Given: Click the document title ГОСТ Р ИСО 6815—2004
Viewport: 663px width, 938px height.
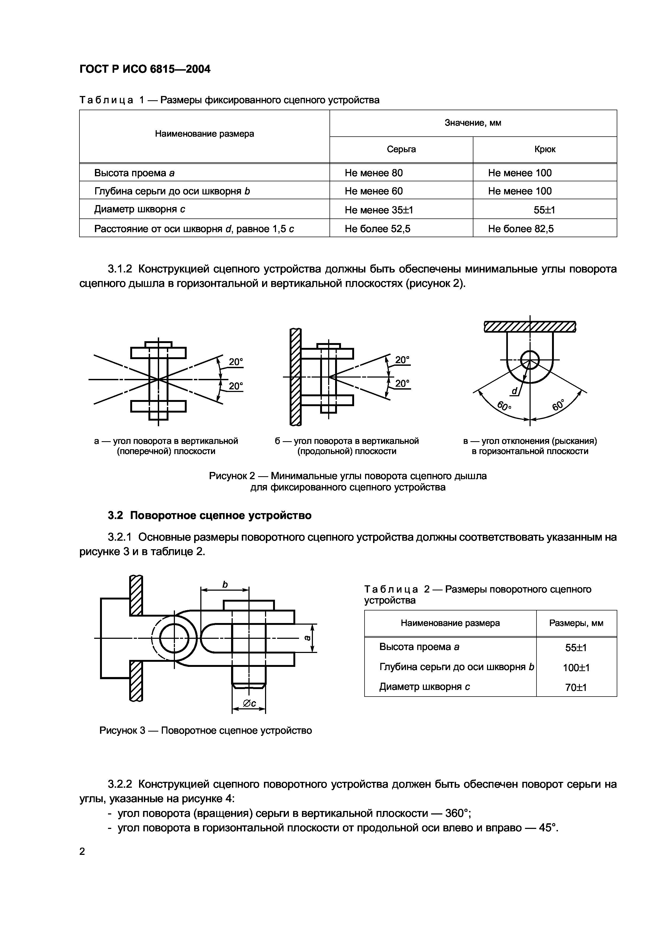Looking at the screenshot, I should pyautogui.click(x=145, y=70).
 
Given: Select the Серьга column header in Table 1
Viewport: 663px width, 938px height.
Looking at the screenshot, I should pyautogui.click(x=401, y=149).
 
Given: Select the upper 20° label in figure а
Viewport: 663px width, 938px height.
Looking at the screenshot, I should pyautogui.click(x=236, y=362).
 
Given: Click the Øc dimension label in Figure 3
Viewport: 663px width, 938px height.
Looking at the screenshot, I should pyautogui.click(x=249, y=703).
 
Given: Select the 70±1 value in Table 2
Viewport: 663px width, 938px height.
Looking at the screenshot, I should pyautogui.click(x=576, y=687).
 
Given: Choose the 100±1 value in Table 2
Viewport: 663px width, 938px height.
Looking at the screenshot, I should pyautogui.click(x=576, y=668).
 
